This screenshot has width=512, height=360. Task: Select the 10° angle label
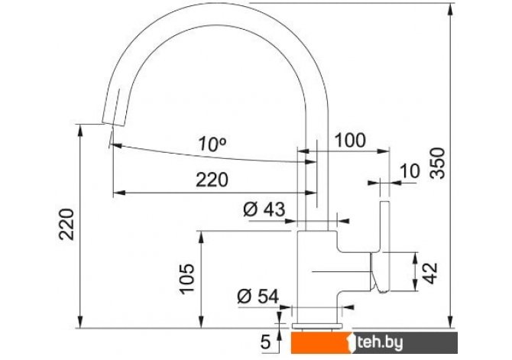tap(212, 144)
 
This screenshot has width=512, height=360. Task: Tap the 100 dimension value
tap(350, 141)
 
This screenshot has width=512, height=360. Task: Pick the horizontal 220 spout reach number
tap(212, 180)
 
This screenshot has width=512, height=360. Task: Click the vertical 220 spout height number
tap(66, 224)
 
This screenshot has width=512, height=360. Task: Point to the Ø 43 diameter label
tap(264, 209)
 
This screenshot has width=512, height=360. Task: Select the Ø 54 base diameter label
tap(258, 297)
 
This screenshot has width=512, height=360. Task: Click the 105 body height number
tap(187, 278)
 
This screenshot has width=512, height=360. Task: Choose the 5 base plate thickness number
tap(266, 342)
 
